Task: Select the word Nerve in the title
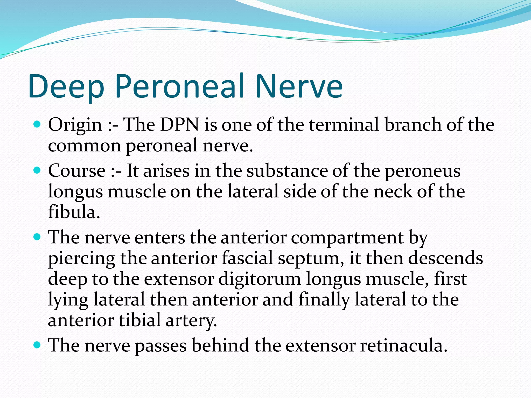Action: [x=299, y=86]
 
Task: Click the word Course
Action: [x=77, y=171]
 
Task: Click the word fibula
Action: [x=74, y=212]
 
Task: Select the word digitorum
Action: [x=260, y=279]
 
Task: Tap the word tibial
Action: [x=140, y=320]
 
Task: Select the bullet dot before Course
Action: [x=37, y=170]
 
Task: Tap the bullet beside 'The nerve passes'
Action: [x=37, y=345]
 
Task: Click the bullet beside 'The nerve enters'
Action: [x=37, y=237]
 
